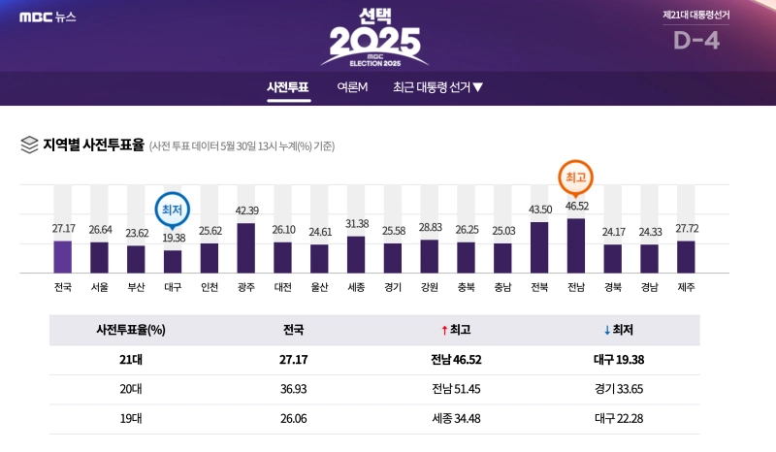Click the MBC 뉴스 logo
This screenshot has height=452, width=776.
[x=48, y=16]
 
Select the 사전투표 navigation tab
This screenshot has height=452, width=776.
[x=288, y=87]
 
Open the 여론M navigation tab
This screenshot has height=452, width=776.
[x=352, y=87]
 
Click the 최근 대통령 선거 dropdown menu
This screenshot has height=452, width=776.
[x=437, y=87]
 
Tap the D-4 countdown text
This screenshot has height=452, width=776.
[x=696, y=41]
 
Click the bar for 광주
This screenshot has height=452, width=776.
[x=246, y=247]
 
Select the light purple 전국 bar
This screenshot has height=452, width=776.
[x=63, y=256]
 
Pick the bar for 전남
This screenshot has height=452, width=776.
[x=576, y=244]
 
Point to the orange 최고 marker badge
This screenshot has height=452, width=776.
[x=576, y=178]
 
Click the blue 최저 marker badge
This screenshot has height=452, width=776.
[x=173, y=209]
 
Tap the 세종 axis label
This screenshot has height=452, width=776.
[x=356, y=287]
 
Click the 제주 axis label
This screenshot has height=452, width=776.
[x=686, y=287]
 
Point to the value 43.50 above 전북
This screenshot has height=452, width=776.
[x=539, y=210]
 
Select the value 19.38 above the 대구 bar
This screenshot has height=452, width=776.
[x=173, y=238]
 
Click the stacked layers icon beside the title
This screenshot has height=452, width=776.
[x=29, y=145]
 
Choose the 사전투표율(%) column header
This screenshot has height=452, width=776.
[x=131, y=330]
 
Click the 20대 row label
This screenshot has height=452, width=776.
[x=131, y=389]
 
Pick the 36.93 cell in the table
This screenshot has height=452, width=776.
[x=292, y=389]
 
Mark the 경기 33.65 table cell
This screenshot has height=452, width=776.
[x=618, y=389]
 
